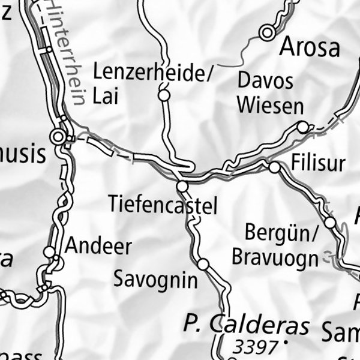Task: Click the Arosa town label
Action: click(310, 46)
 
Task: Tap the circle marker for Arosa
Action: click(267, 33)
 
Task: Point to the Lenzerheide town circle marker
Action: click(163, 95)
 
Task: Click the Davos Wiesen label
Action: click(270, 93)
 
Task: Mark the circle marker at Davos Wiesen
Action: click(303, 127)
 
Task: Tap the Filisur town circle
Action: click(274, 167)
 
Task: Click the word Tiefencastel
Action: click(163, 205)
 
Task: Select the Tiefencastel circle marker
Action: click(182, 187)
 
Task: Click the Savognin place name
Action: click(155, 279)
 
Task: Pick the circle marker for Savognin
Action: click(203, 264)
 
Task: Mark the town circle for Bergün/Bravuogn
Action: click(330, 223)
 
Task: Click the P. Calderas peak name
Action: click(247, 325)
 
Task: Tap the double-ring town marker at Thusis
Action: click(58, 137)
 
